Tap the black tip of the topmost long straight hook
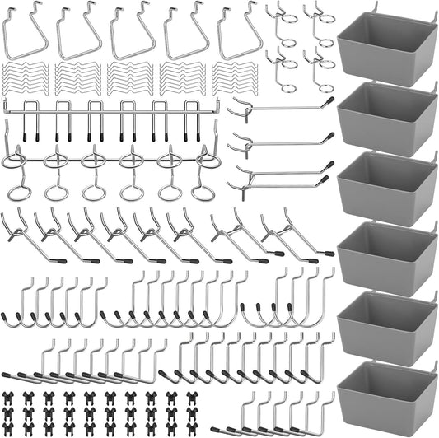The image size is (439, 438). [x=329, y=101]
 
